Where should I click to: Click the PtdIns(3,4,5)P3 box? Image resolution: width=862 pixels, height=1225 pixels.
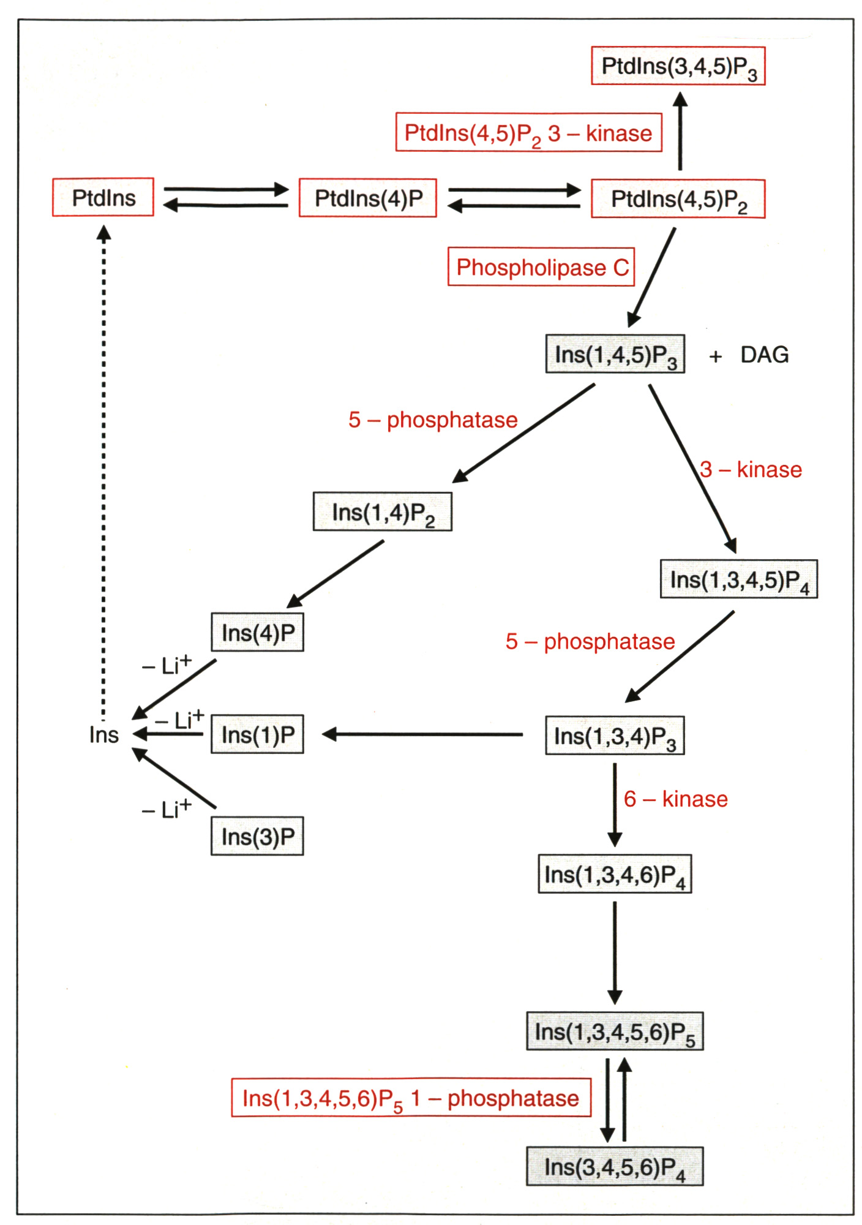[x=678, y=66]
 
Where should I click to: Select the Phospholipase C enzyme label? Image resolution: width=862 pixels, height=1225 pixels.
[x=541, y=267]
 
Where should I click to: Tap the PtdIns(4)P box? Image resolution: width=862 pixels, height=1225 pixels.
[x=368, y=198]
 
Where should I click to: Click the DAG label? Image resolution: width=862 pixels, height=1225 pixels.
[x=764, y=355]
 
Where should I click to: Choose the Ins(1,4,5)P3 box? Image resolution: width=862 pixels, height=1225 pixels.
[x=615, y=354]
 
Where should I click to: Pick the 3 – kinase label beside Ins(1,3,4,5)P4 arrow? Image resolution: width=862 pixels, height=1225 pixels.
[x=751, y=470]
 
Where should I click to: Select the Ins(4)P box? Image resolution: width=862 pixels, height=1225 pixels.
[x=257, y=632]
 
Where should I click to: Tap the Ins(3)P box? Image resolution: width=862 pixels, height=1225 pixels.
[x=257, y=836]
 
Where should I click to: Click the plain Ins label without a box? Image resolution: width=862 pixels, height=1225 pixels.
[x=103, y=734]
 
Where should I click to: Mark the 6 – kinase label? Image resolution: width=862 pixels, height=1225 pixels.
[x=675, y=799]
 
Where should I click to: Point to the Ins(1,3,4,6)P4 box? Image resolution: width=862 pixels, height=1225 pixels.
[x=615, y=874]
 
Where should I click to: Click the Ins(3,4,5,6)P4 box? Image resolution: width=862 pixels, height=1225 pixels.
[x=615, y=1167]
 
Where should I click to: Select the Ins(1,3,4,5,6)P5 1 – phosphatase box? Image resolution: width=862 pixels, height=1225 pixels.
[x=411, y=1098]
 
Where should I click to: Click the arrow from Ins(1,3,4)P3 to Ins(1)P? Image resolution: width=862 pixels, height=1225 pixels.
[x=422, y=734]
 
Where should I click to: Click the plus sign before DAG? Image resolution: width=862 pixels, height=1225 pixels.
[x=715, y=356]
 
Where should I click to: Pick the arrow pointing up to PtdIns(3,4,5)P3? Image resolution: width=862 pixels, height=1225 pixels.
[x=680, y=131]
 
